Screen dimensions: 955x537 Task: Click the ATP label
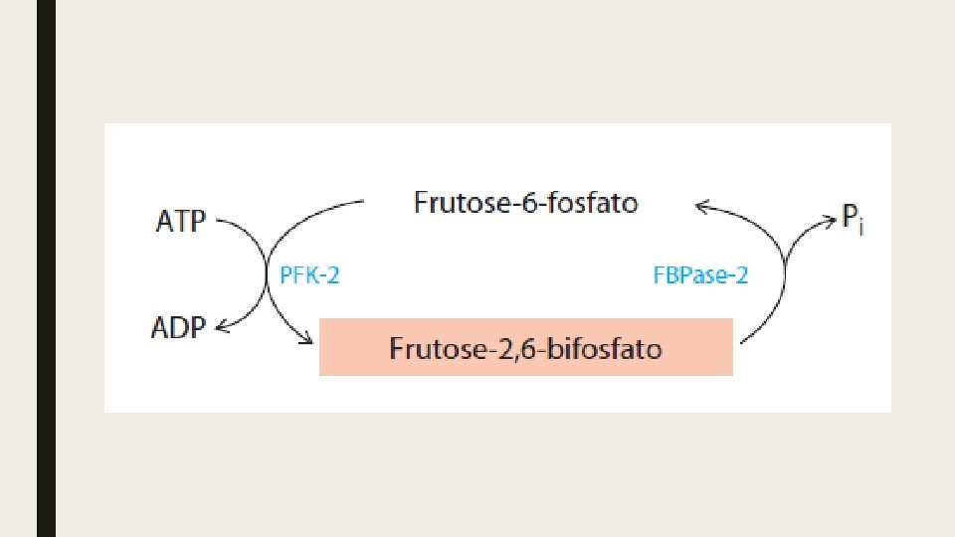click(x=180, y=220)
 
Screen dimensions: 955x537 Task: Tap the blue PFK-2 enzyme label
click(x=308, y=275)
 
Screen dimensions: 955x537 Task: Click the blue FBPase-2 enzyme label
click(x=700, y=275)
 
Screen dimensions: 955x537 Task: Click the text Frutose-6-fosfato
click(x=525, y=204)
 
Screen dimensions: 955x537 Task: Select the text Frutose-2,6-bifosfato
click(x=525, y=349)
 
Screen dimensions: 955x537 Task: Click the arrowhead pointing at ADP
click(x=221, y=327)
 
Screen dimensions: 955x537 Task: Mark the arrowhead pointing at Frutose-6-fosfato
click(x=701, y=207)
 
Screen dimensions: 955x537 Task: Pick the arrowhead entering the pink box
click(x=306, y=341)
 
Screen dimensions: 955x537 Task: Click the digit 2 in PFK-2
click(x=333, y=275)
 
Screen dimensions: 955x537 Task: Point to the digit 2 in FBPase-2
click(x=741, y=275)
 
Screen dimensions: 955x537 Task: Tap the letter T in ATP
click(x=180, y=220)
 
